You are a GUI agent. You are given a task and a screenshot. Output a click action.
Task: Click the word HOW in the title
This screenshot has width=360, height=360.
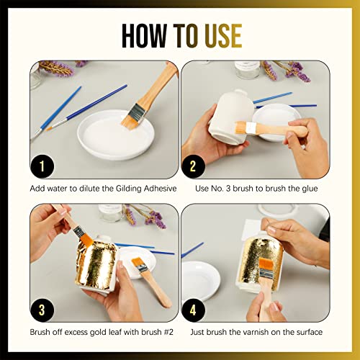point(145,35)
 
